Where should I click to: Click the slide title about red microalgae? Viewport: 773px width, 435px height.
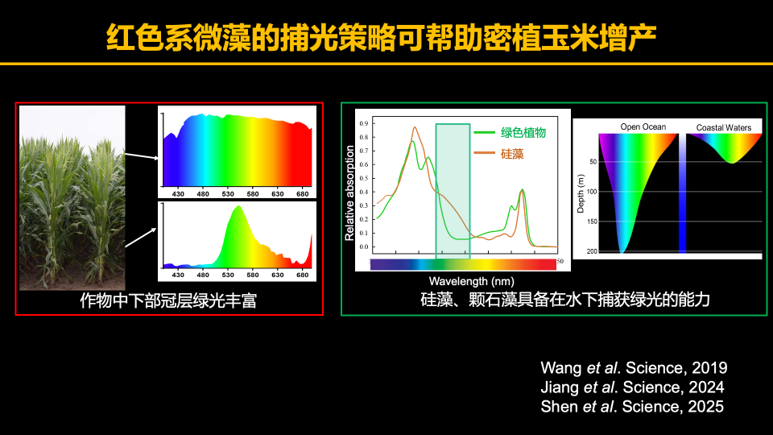(x=386, y=37)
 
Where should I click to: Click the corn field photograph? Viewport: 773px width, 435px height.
(x=72, y=197)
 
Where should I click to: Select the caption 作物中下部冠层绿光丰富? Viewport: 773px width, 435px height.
(x=168, y=300)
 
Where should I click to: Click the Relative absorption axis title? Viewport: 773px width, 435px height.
(x=349, y=193)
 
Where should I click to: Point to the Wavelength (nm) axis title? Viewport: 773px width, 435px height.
(x=471, y=281)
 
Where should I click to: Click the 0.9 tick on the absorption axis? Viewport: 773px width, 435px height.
(x=364, y=124)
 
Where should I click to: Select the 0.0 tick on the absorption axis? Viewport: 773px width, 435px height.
(x=364, y=247)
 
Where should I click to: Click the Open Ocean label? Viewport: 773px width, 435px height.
(x=643, y=127)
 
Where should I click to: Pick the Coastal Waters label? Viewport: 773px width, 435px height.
(x=723, y=127)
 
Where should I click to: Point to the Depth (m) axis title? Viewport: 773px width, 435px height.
(x=581, y=193)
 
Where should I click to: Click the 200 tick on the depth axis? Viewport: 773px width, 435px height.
(x=592, y=252)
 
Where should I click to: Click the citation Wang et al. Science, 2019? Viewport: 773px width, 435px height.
(x=633, y=368)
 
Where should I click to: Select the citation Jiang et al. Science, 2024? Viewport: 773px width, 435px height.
(x=633, y=387)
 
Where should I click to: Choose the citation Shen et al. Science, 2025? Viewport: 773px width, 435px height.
(x=633, y=407)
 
